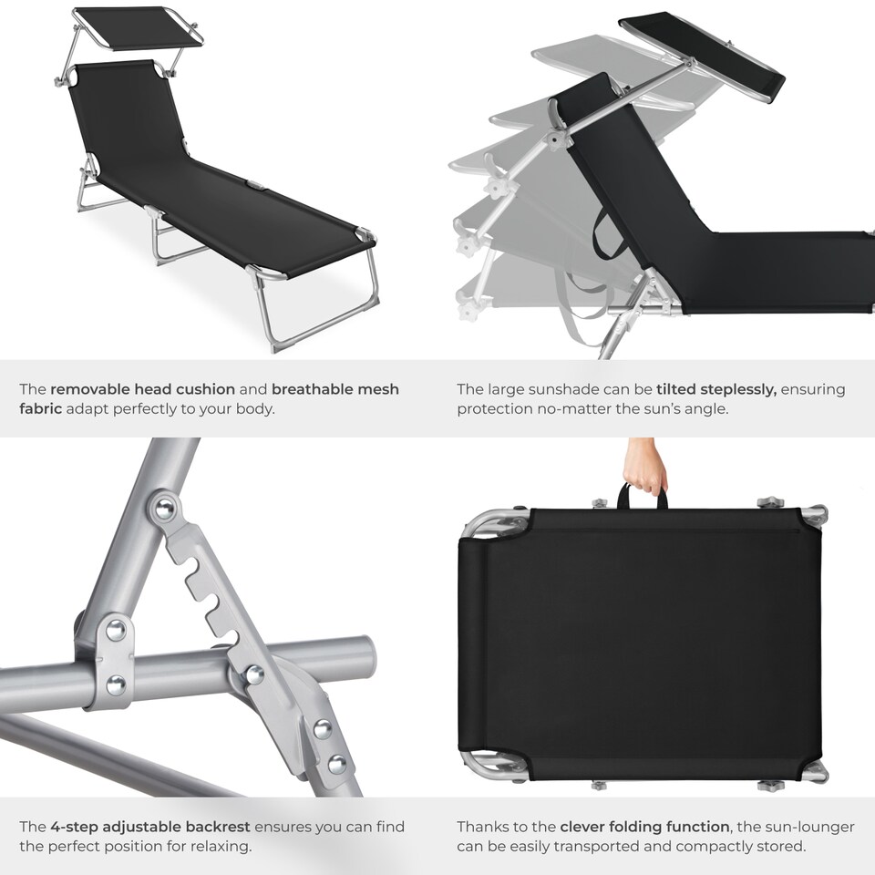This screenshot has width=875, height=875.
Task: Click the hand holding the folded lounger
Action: tap(646, 466)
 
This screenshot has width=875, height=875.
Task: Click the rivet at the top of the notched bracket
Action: tap(164, 508)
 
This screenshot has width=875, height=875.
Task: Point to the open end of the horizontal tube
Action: tap(367, 654)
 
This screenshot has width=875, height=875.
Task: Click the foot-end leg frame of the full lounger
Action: tap(319, 301)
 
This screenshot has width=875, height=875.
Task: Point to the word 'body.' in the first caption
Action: tap(252, 409)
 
